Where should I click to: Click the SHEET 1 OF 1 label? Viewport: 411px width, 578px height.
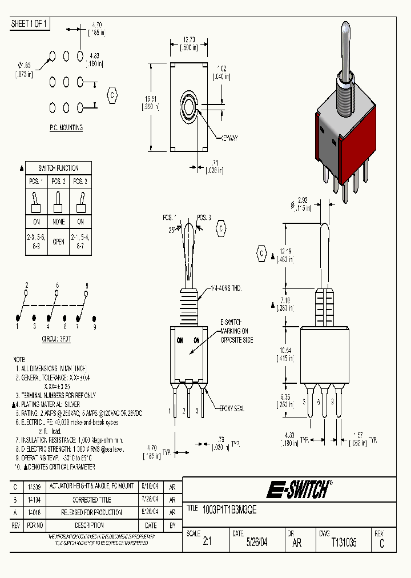click(30, 23)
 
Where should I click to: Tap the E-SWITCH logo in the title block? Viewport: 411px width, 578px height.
click(297, 489)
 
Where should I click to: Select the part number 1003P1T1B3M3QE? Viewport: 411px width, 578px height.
click(228, 509)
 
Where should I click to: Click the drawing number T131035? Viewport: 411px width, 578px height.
click(344, 543)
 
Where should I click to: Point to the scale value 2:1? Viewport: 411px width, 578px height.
click(207, 543)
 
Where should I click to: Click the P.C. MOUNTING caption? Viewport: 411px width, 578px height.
click(66, 128)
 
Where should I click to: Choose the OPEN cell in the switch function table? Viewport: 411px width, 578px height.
click(58, 241)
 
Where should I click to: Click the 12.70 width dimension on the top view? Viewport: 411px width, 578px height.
click(189, 43)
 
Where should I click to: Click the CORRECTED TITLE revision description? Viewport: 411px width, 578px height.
click(92, 499)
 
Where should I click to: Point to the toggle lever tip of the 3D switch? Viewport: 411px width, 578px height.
click(346, 29)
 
